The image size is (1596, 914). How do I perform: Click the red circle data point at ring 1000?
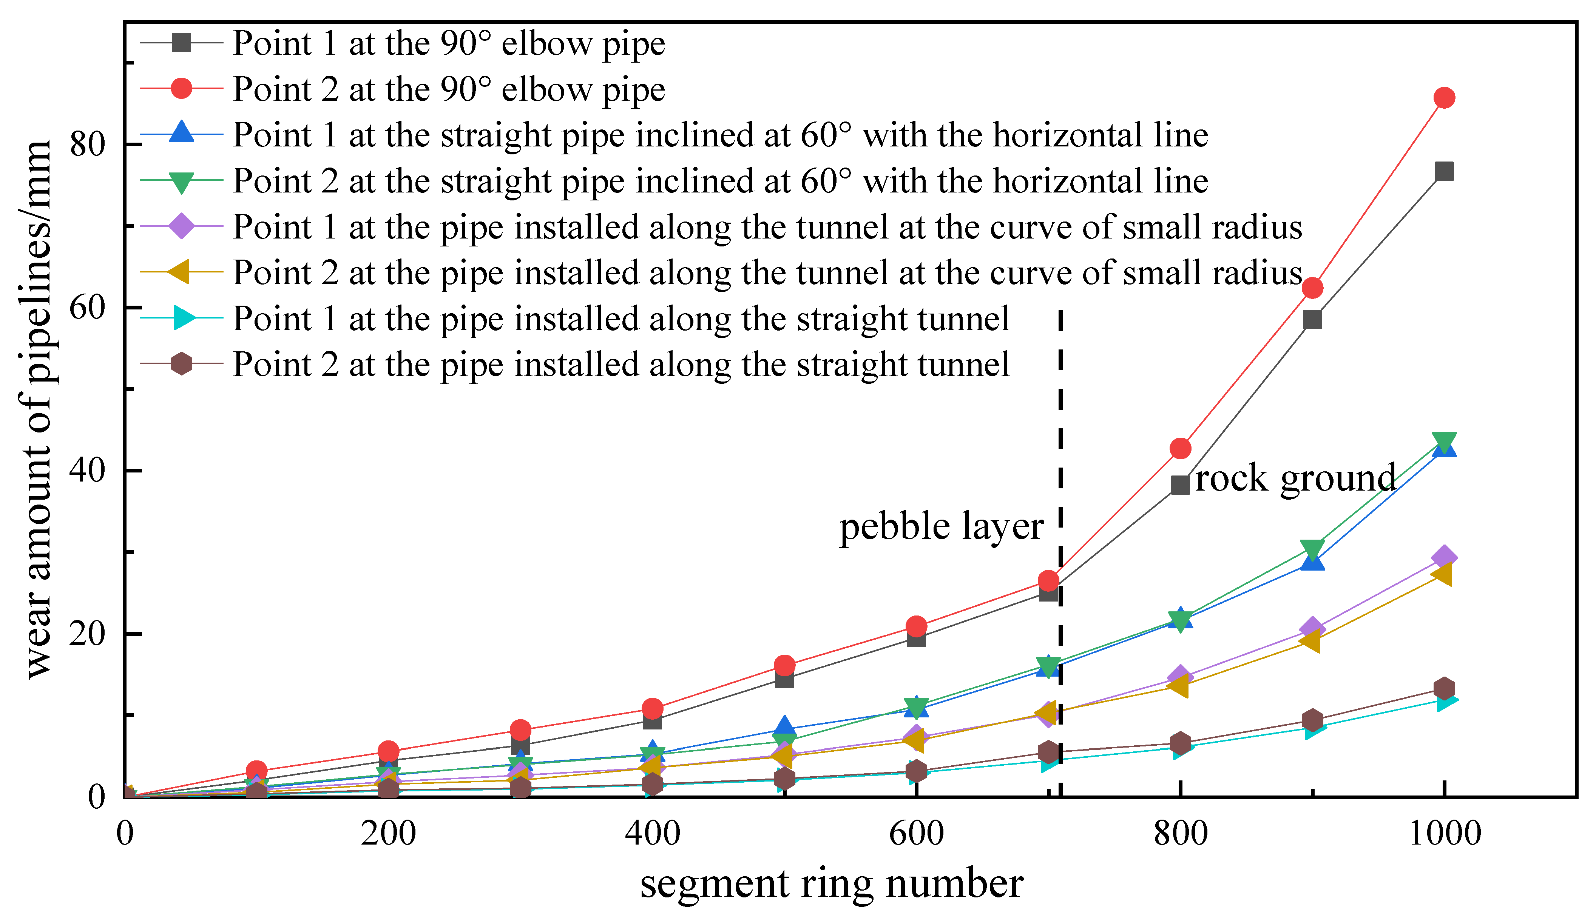(1444, 98)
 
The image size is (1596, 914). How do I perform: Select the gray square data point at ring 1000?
(1444, 171)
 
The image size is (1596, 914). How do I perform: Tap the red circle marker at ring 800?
(1180, 448)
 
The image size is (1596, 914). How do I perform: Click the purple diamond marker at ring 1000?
(1444, 557)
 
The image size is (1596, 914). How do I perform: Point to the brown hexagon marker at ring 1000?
(1444, 688)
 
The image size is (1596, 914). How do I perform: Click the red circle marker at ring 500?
(784, 665)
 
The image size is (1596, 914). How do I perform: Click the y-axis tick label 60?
(87, 308)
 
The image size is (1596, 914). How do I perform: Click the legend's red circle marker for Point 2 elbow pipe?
(182, 89)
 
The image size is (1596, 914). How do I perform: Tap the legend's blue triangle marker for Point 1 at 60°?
(182, 133)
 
